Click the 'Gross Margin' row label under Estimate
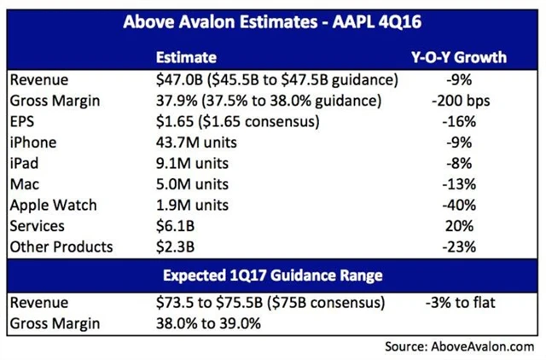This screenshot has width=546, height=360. (x=51, y=101)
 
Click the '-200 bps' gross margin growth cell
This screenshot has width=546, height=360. (x=457, y=101)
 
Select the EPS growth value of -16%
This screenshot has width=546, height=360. (x=457, y=120)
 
